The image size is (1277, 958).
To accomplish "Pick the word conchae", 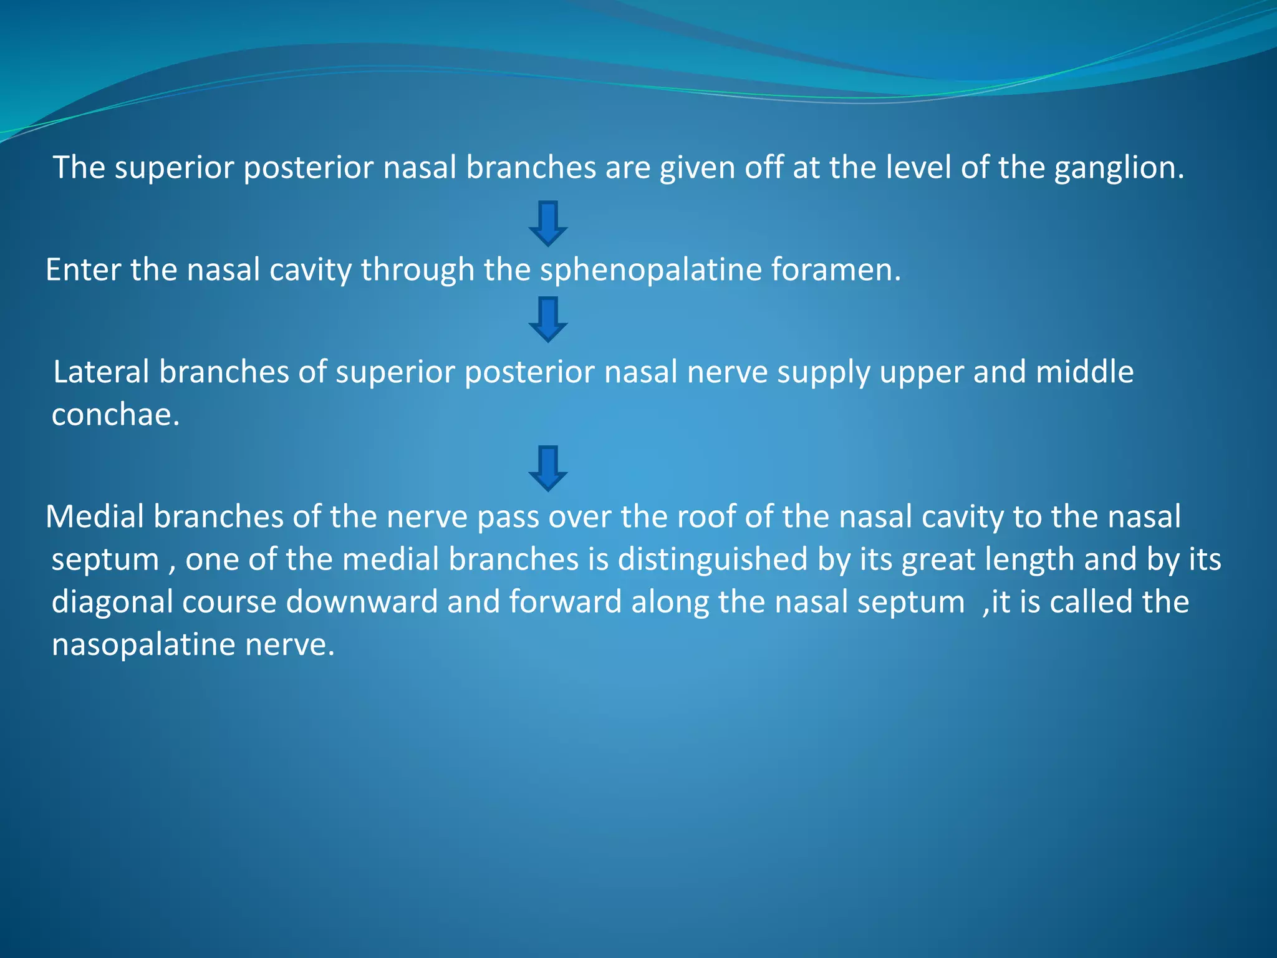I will point(115,415).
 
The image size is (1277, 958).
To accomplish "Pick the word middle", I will point(1084,372).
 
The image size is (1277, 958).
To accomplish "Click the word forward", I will point(565,602).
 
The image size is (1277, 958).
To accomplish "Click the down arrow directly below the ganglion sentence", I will point(547,223).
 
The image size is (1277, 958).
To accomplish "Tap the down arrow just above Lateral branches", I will point(547,319).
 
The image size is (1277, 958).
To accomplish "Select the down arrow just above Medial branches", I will point(547,468).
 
